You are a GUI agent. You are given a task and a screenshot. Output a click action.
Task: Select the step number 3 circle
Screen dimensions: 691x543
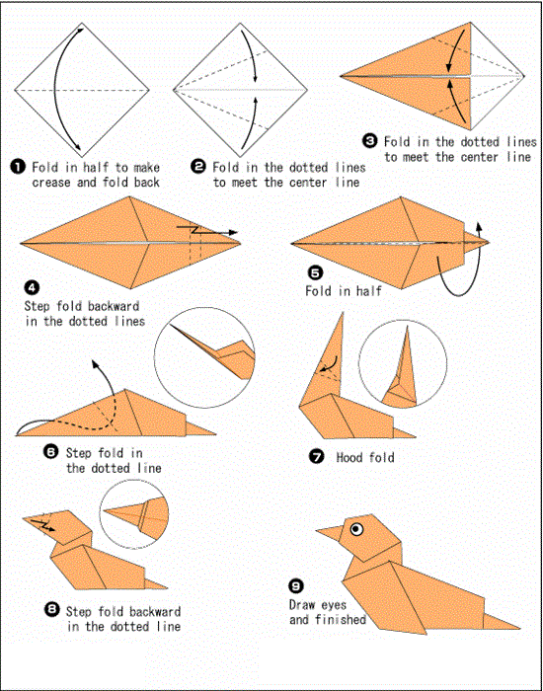pos(370,141)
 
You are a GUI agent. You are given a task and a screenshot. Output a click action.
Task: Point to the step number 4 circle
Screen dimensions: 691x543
pos(32,288)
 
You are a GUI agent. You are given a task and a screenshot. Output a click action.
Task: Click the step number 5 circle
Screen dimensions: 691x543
pos(315,273)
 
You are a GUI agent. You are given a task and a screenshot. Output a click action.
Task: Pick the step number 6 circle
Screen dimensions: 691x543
pos(51,451)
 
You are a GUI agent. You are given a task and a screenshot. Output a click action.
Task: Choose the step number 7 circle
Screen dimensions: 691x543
pos(315,457)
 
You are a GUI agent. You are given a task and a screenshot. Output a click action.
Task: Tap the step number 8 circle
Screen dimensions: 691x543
pos(51,609)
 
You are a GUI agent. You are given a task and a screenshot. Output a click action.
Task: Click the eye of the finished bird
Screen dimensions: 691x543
pos(353,529)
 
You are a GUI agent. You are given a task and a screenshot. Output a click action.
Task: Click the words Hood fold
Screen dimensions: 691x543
pos(365,458)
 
